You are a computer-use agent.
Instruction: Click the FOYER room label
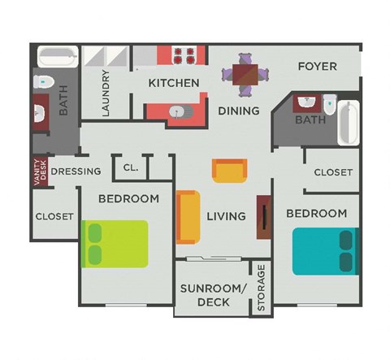317,66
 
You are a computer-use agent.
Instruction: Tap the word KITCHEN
174,83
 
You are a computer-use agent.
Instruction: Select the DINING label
239,111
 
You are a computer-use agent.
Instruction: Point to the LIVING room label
226,216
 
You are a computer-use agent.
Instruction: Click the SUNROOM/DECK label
213,296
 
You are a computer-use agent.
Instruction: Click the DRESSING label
76,171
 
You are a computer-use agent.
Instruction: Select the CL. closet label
131,168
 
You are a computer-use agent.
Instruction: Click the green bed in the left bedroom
115,244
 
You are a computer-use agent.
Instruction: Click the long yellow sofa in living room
187,217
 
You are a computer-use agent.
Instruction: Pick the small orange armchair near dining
229,171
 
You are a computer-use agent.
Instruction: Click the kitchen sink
178,112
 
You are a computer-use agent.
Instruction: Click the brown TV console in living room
264,217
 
